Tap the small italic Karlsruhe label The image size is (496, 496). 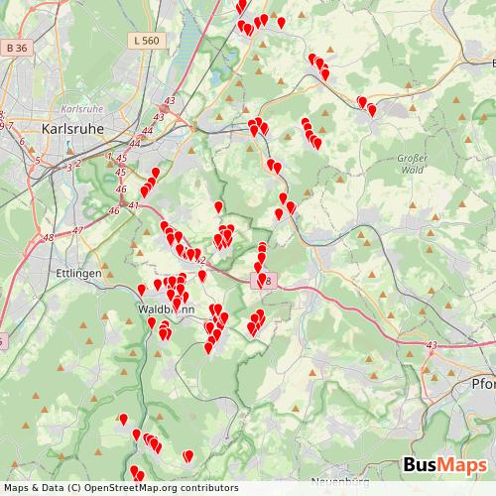[82, 108]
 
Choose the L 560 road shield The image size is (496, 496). [144, 68]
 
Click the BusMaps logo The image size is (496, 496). [443, 466]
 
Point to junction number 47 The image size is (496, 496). [78, 230]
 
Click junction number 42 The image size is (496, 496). [201, 260]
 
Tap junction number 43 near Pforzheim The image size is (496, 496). [431, 344]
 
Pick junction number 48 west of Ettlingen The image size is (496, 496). [49, 236]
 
